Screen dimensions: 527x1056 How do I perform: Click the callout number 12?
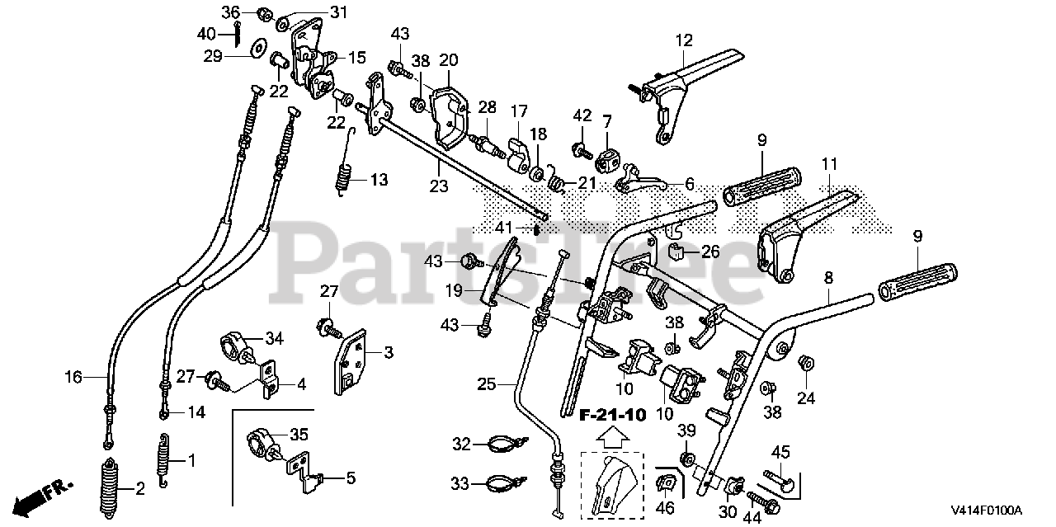(x=683, y=39)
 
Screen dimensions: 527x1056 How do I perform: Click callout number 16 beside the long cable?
(x=73, y=377)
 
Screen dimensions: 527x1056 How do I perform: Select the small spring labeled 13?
(x=346, y=179)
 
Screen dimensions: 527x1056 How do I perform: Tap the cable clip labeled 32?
(x=501, y=445)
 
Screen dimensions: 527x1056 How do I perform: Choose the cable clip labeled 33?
(x=501, y=482)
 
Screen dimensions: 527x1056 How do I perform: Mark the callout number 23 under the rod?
(x=439, y=186)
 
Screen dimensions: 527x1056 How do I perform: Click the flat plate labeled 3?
(x=353, y=363)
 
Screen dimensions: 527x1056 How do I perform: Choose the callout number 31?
(x=315, y=12)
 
